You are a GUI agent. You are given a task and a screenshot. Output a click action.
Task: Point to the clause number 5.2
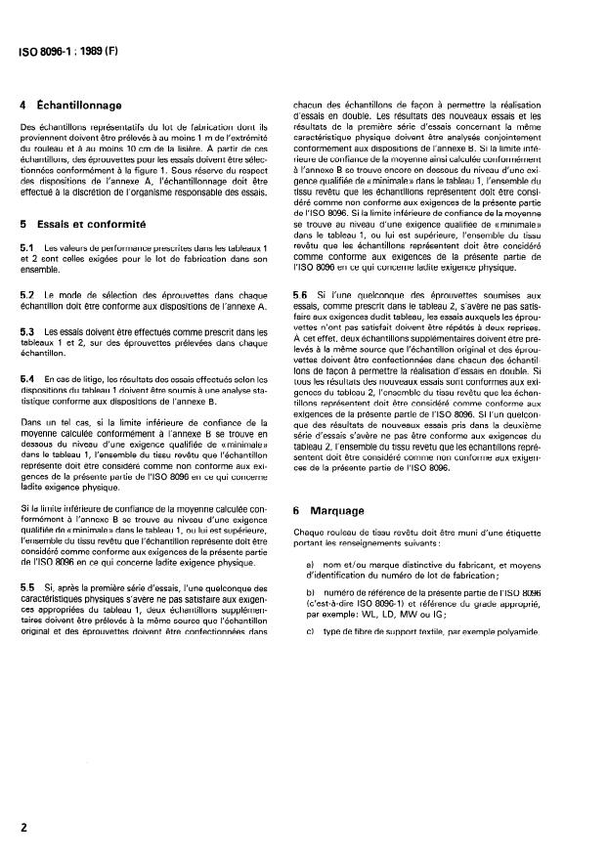28,293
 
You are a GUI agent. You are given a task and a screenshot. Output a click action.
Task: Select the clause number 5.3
28,333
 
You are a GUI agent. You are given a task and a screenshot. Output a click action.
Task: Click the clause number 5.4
28,376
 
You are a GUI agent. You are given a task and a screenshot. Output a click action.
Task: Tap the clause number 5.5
28,586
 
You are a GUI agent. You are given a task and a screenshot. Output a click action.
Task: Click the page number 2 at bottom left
23,824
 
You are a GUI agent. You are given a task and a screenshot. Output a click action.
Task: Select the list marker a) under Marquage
311,567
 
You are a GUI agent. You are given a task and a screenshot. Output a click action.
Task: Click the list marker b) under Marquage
311,592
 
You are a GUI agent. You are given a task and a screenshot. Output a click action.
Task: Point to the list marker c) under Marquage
311,630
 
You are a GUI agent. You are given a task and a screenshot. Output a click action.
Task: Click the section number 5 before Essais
23,224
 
